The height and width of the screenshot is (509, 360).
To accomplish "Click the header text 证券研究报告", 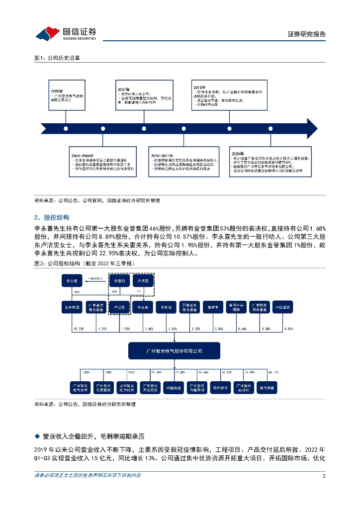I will pos(307,34).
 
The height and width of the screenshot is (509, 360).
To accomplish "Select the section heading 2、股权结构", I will pos(52,218).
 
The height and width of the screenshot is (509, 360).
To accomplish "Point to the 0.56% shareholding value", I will pos(288,329).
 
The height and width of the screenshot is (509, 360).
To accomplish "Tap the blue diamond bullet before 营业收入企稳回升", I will pos(36,436).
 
